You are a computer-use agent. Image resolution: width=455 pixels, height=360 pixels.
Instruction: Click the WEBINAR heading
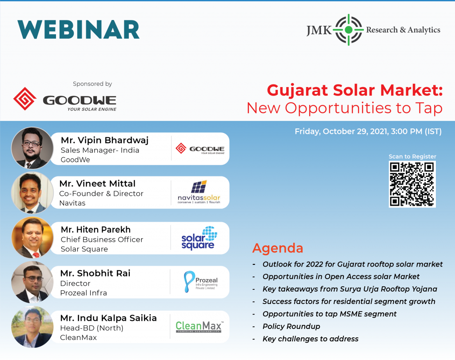pyautogui.click(x=78, y=30)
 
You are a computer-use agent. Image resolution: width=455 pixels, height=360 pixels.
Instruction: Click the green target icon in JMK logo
pyautogui.click(x=348, y=30)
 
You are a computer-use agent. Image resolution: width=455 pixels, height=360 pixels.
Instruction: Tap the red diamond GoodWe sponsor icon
pyautogui.click(x=25, y=99)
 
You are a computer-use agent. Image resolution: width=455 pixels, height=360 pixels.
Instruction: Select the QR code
pyautogui.click(x=412, y=184)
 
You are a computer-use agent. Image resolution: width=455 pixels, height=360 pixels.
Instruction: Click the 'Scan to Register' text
pyautogui.click(x=412, y=156)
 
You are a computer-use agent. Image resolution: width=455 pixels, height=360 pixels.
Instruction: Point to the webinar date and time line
pyautogui.click(x=368, y=132)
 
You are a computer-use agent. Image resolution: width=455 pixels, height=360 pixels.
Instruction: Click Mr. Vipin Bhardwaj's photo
pyautogui.click(x=32, y=148)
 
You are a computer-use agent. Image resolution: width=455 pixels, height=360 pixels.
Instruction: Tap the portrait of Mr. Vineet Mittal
pyautogui.click(x=32, y=192)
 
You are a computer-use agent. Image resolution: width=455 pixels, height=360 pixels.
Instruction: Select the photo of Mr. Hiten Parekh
pyautogui.click(x=32, y=237)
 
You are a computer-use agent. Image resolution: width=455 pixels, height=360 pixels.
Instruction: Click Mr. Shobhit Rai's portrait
pyautogui.click(x=32, y=282)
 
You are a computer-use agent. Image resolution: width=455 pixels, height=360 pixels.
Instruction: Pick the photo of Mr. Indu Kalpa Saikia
pyautogui.click(x=32, y=327)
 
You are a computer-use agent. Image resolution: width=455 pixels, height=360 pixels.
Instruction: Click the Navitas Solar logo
pyautogui.click(x=199, y=192)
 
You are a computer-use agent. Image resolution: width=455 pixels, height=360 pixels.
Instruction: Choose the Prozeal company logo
pyautogui.click(x=200, y=282)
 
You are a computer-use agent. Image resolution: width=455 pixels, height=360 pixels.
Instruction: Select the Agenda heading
pyautogui.click(x=278, y=248)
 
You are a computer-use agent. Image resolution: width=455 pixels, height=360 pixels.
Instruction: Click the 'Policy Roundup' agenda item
pyautogui.click(x=291, y=326)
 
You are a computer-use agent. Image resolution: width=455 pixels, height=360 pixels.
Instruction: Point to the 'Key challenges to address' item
pyautogui.click(x=311, y=339)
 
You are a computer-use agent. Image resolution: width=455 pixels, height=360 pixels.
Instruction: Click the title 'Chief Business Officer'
pyautogui.click(x=102, y=240)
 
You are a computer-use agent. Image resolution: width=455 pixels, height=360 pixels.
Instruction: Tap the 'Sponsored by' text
pyautogui.click(x=92, y=84)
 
